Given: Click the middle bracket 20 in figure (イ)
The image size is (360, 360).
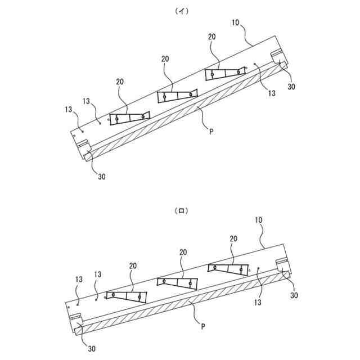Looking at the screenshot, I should coord(178,96).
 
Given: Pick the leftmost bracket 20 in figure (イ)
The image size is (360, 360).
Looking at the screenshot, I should coord(130,118).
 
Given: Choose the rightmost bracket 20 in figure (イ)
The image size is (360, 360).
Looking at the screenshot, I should coord(225,74).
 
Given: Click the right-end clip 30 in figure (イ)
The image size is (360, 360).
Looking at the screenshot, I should coord(280,60).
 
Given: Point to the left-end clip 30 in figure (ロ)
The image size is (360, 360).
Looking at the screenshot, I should coord(76,323).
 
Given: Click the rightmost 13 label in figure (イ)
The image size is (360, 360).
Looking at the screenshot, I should coord(272,94).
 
